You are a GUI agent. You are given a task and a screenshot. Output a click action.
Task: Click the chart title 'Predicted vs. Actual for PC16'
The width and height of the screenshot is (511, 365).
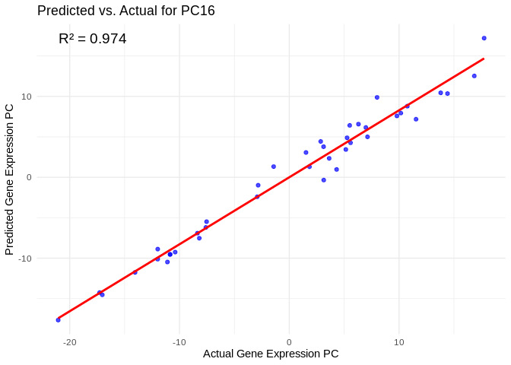pos(125,11)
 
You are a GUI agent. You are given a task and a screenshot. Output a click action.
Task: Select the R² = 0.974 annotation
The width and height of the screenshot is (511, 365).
pos(93,39)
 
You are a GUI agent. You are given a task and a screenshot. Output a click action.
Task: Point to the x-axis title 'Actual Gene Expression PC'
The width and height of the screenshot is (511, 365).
pos(271,354)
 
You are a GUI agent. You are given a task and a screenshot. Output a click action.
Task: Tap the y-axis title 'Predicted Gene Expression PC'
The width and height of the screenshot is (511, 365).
pos(10,179)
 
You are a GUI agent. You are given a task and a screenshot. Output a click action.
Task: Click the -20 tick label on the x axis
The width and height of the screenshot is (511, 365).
pos(70,342)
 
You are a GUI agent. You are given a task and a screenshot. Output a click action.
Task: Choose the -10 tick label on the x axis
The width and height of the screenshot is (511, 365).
pos(179,342)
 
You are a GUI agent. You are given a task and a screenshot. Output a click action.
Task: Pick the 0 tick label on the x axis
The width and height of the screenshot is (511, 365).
pos(289,342)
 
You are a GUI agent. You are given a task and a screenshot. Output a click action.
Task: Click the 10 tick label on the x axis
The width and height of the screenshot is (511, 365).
pos(398,342)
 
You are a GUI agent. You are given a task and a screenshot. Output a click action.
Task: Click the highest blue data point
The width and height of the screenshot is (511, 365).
pos(484,38)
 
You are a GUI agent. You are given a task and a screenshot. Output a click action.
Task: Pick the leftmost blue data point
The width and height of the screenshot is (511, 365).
pos(58,320)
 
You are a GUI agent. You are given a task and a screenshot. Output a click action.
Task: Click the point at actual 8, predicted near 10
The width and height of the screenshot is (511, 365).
pos(377,97)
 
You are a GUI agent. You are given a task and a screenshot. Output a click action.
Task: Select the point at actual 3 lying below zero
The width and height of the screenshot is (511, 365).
pos(323,180)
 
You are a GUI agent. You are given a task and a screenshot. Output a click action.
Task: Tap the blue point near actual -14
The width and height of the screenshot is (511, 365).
pos(135,272)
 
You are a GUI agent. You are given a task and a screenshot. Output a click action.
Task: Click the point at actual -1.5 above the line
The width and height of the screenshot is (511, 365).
pos(274,167)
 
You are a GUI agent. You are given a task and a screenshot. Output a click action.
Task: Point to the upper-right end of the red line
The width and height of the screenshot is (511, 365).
pos(484,59)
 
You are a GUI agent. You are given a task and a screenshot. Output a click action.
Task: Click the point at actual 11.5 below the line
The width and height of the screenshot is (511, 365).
pos(416,119)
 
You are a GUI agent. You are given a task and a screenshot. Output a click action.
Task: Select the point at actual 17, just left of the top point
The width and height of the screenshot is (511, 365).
pos(474,76)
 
